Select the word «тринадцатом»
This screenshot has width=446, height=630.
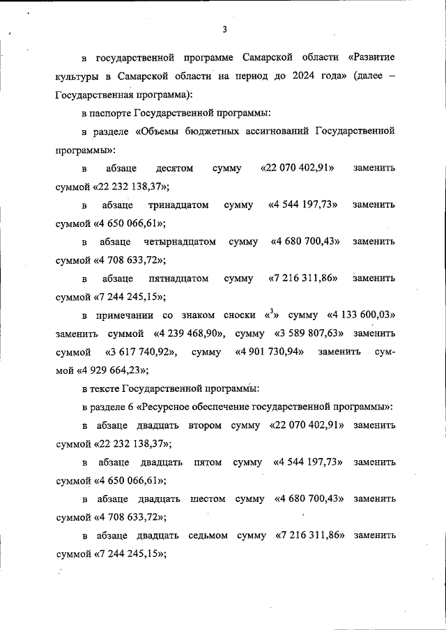tap(179, 205)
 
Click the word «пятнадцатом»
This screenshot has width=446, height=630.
tap(178, 279)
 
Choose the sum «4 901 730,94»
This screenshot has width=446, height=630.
tap(270, 353)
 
